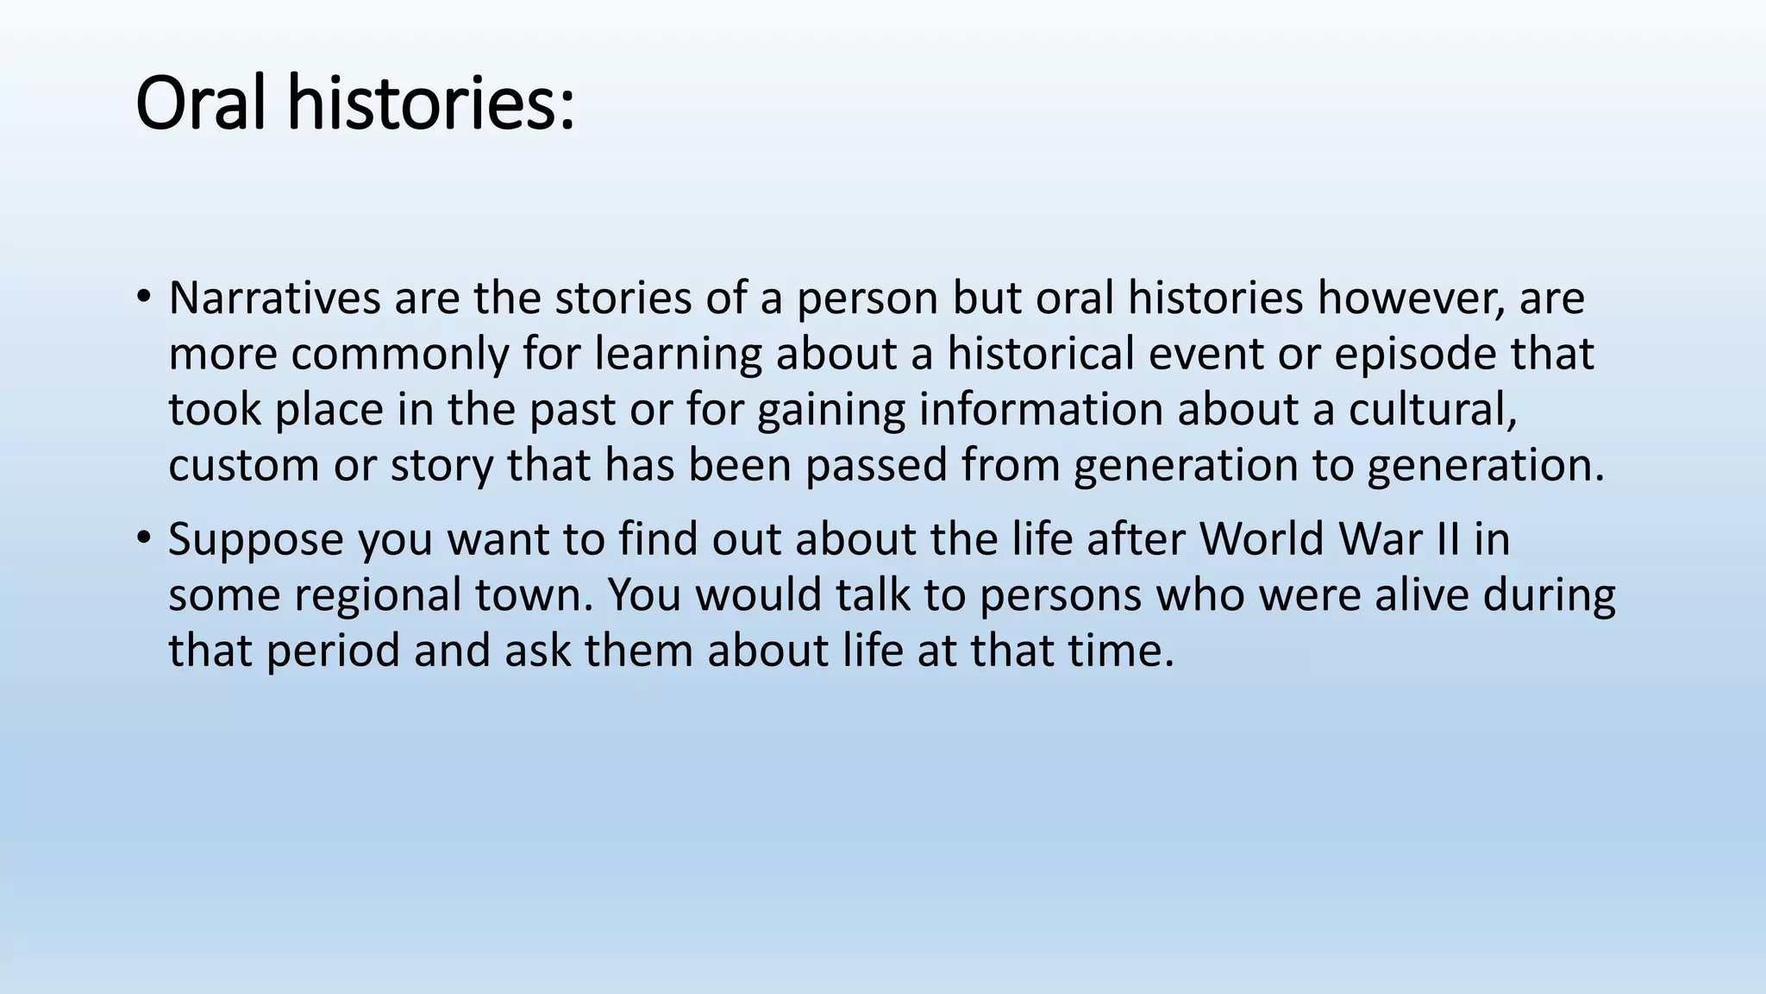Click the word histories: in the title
point(431,104)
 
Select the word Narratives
point(274,299)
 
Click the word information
point(1040,409)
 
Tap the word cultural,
point(1432,409)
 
